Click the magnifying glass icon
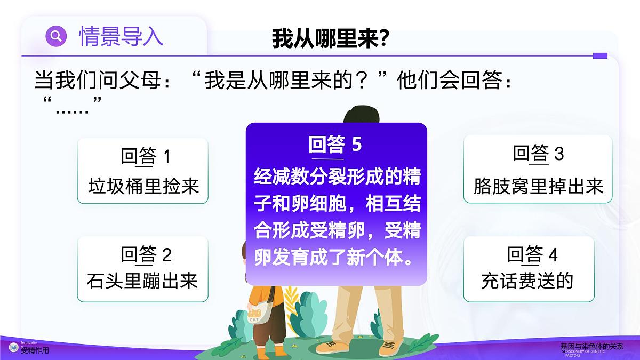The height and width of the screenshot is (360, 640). click(x=56, y=36)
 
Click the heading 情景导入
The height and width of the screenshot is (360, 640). click(x=121, y=36)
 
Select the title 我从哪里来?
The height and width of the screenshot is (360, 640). click(x=331, y=39)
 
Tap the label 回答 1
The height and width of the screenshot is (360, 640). click(x=145, y=156)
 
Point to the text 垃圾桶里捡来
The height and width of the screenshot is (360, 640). click(x=143, y=186)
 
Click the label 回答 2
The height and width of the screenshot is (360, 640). click(x=146, y=254)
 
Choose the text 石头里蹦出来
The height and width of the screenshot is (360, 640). click(x=142, y=281)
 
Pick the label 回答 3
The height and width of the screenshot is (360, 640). click(x=538, y=154)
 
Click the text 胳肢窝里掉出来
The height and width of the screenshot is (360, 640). click(x=538, y=186)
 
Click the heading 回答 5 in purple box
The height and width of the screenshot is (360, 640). click(x=335, y=144)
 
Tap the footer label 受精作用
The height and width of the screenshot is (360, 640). click(x=35, y=350)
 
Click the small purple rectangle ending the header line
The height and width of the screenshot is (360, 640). click(x=600, y=55)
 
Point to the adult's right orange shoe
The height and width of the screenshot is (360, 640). click(x=389, y=347)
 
